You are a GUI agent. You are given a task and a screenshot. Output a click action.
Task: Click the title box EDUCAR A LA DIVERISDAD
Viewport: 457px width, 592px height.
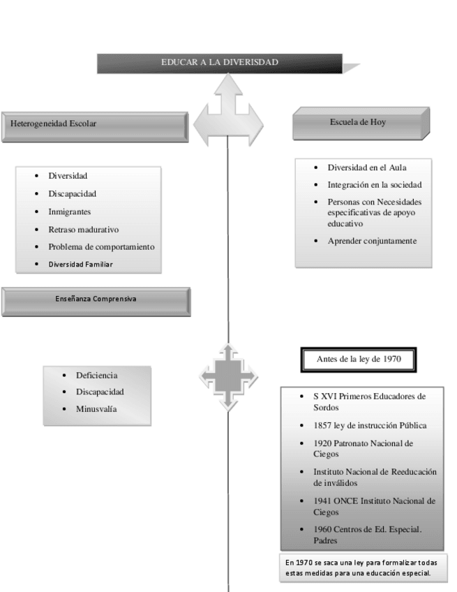pos(220,62)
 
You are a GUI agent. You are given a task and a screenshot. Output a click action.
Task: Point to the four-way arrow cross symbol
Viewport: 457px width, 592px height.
pos(229,376)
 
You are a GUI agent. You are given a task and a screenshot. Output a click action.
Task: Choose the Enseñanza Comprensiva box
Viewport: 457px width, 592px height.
pos(96,299)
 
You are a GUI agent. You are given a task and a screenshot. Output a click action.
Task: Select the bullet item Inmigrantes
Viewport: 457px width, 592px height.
pos(70,212)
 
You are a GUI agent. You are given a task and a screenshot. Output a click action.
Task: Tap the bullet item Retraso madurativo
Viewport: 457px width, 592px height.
pos(84,229)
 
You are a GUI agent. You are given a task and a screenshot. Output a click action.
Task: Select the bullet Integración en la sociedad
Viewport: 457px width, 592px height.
pos(375,185)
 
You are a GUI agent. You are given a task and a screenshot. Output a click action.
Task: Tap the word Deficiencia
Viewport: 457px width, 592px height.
pos(97,375)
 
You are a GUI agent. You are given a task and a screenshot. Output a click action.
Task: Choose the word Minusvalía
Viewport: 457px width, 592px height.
pos(96,408)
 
